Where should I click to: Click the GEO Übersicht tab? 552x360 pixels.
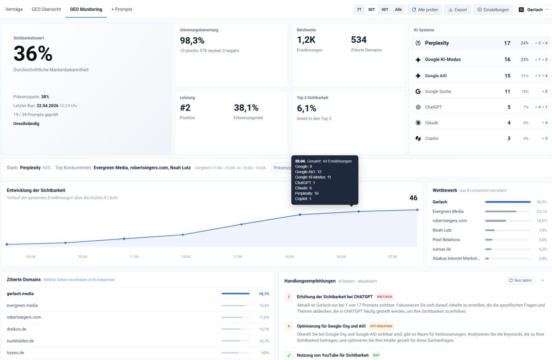click(46, 9)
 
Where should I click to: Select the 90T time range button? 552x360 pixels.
click(385, 10)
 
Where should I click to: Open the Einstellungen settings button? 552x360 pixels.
click(493, 10)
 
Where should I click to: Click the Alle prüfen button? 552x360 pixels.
click(425, 10)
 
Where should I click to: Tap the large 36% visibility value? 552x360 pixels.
click(33, 54)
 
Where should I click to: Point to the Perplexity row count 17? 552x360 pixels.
click(507, 43)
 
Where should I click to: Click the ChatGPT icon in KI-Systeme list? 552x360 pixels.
click(418, 107)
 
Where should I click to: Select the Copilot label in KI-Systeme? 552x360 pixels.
click(431, 139)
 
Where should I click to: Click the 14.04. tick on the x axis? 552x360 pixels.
click(186, 256)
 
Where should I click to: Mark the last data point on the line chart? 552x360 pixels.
click(417, 210)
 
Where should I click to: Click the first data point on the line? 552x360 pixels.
click(7, 244)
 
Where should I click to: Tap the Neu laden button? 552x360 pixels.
click(520, 280)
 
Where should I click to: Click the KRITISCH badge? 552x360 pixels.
click(385, 297)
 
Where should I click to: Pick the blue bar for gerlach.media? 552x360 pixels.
click(236, 293)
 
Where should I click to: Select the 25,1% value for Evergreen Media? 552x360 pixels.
click(541, 212)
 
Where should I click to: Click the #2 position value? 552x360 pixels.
click(185, 108)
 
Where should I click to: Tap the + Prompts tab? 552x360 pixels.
click(122, 9)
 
